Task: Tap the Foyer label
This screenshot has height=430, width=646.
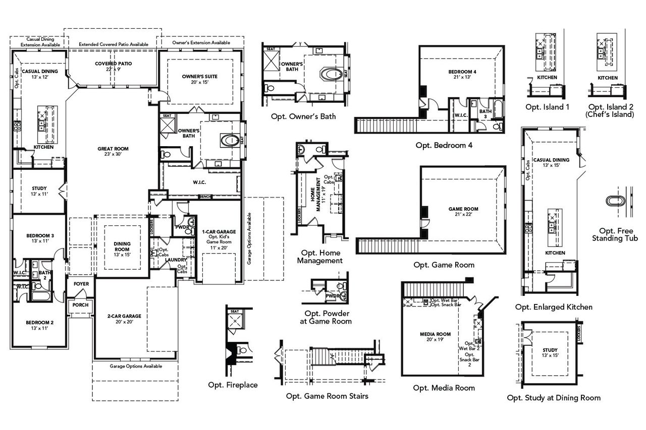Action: [x=81, y=284]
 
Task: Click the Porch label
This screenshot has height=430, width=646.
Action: [x=80, y=305]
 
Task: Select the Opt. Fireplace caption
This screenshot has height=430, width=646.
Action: [x=233, y=385]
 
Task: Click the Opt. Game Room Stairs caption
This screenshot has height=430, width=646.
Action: [x=327, y=396]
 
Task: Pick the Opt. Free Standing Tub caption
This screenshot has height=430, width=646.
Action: [x=614, y=234]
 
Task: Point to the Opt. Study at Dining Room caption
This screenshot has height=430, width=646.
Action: [x=554, y=398]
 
